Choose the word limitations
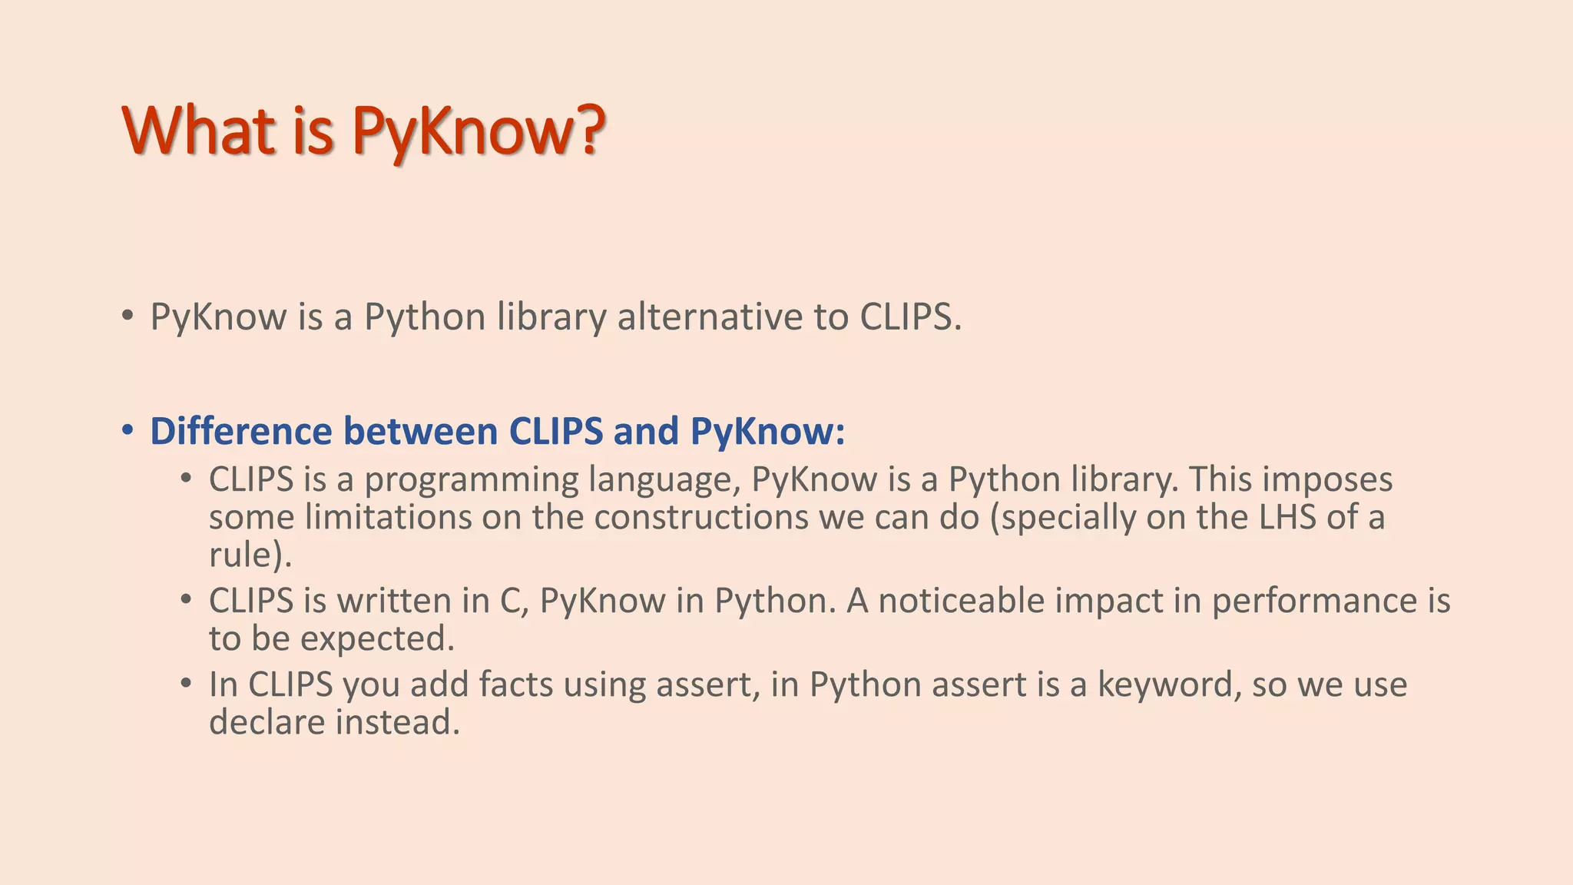[x=388, y=516]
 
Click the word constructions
[x=701, y=516]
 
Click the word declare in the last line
[x=267, y=721]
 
